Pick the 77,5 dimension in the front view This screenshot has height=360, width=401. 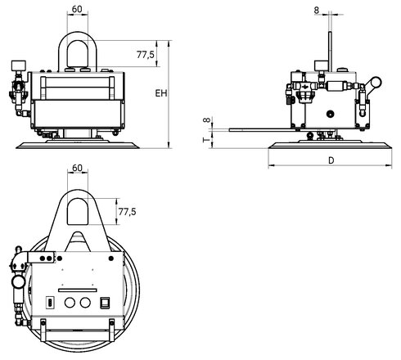coord(146,56)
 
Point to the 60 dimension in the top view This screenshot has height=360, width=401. coord(77,169)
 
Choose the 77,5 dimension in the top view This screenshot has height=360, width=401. coord(127,211)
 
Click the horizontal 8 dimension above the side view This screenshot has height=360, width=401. coord(316,11)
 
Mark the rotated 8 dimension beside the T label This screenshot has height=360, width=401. coord(206,121)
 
